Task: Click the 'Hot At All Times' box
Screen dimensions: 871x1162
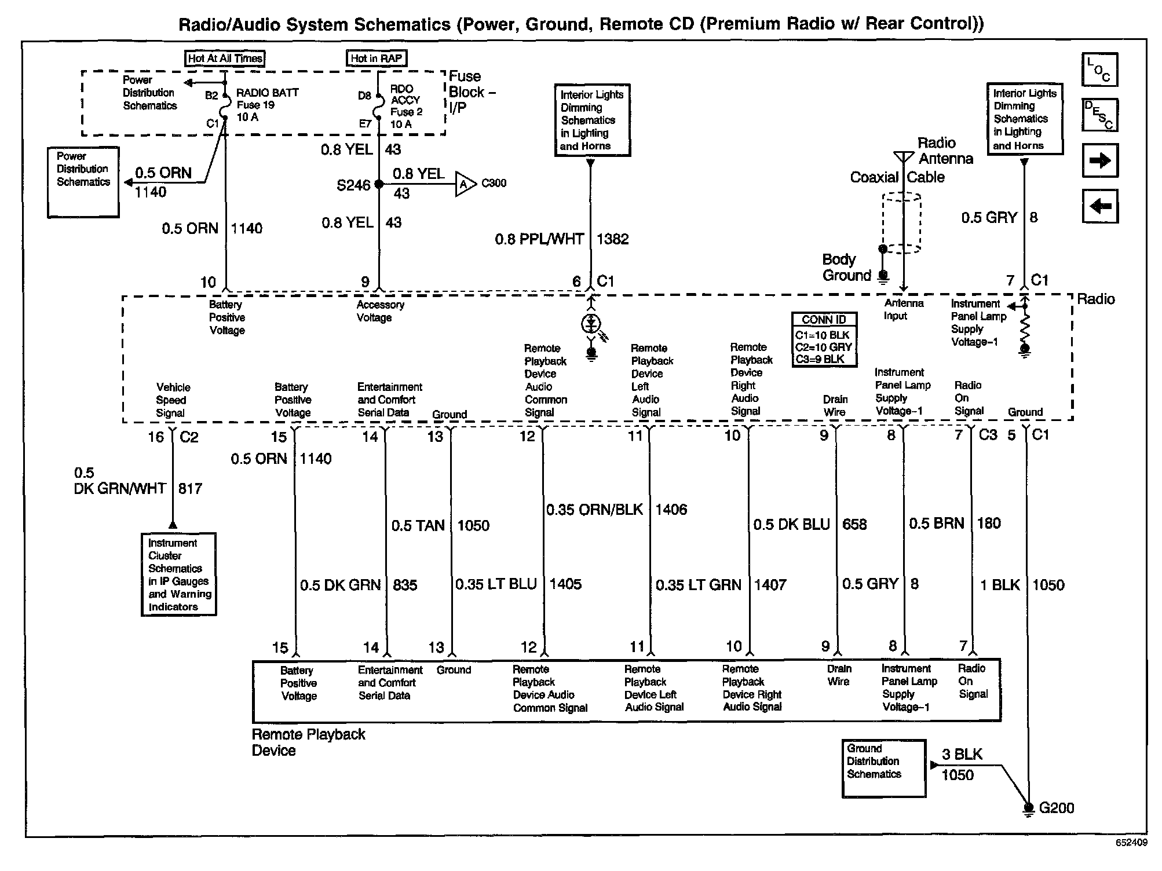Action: pos(225,58)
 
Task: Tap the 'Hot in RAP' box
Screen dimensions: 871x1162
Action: pos(376,58)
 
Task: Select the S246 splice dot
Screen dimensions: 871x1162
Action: pos(379,184)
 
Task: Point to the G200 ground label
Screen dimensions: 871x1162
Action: pos(1057,808)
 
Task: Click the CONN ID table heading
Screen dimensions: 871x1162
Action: pos(824,320)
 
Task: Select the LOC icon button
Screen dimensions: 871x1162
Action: pos(1099,69)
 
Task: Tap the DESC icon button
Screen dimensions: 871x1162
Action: pos(1099,115)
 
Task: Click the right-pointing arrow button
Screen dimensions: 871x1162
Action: pos(1099,160)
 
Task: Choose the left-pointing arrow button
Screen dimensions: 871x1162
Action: pos(1099,206)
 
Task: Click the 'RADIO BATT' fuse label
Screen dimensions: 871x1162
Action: pos(267,92)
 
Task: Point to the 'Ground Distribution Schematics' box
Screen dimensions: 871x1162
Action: pos(883,767)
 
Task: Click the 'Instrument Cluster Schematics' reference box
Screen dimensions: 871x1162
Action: pos(178,574)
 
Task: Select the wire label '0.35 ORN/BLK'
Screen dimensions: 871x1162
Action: pos(595,510)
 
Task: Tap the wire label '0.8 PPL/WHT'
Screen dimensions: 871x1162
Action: pos(539,239)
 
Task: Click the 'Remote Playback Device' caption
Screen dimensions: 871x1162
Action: pos(308,742)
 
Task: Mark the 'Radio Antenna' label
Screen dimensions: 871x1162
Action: pos(945,151)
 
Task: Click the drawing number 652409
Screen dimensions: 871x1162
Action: pos(1131,843)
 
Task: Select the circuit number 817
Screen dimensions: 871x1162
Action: pos(190,489)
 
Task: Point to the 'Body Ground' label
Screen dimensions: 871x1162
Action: pos(846,268)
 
